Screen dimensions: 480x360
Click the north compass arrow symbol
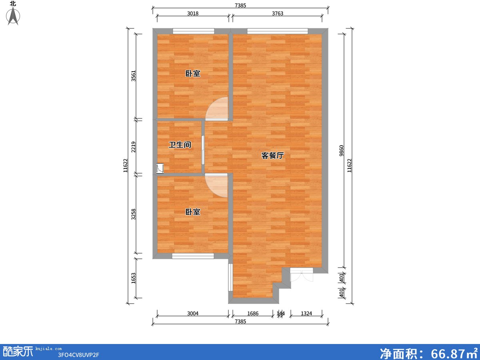click(x=13, y=16)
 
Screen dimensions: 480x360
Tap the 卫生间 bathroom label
click(x=180, y=145)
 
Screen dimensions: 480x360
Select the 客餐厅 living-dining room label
click(x=272, y=156)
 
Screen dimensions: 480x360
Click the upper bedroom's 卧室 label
click(x=193, y=74)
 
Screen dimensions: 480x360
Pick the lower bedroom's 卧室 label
click(x=193, y=212)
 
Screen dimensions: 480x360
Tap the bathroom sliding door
click(x=203, y=150)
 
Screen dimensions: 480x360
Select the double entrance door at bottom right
click(x=302, y=274)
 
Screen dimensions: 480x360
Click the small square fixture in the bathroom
click(x=160, y=168)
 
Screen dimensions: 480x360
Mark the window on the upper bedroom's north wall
click(x=194, y=31)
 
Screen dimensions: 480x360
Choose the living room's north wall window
click(x=278, y=31)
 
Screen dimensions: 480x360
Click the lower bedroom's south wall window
click(x=193, y=256)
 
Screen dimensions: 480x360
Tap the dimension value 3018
click(x=193, y=14)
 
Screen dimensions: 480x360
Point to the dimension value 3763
click(x=278, y=14)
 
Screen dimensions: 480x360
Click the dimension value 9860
click(x=341, y=151)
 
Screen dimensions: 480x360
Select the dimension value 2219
click(x=133, y=147)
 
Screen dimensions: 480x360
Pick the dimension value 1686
click(x=253, y=314)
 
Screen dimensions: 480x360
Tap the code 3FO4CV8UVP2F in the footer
click(x=78, y=355)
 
